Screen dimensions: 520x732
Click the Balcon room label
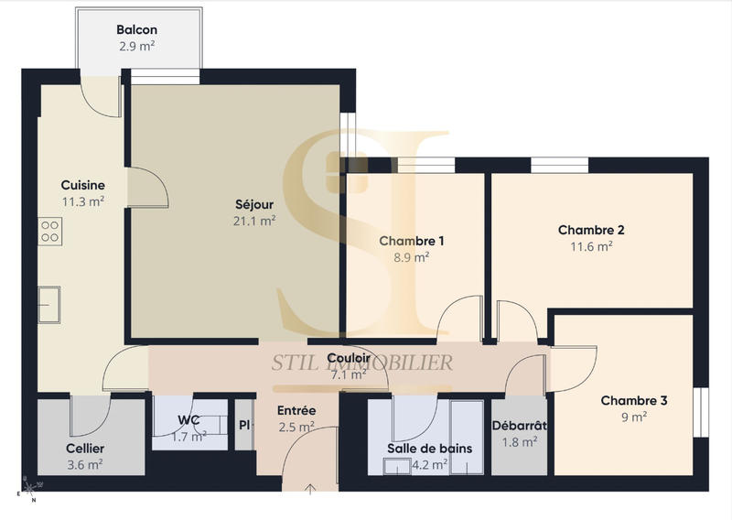(137, 29)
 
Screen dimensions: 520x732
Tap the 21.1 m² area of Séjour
(254, 221)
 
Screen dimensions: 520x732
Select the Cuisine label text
(82, 184)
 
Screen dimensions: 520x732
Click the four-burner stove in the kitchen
(50, 232)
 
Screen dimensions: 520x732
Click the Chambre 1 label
(412, 241)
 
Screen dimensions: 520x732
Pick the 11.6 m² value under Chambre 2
(591, 246)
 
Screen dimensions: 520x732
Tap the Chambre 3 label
(634, 400)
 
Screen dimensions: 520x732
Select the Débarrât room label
(519, 426)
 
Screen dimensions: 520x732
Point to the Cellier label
(85, 449)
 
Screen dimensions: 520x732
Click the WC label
(188, 420)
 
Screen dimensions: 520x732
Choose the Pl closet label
(243, 426)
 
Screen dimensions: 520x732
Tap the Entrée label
(296, 411)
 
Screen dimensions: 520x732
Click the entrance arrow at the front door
(311, 489)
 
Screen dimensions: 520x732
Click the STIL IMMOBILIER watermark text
(361, 363)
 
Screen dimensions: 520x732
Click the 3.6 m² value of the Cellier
(85, 464)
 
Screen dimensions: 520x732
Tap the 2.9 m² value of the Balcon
(137, 46)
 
